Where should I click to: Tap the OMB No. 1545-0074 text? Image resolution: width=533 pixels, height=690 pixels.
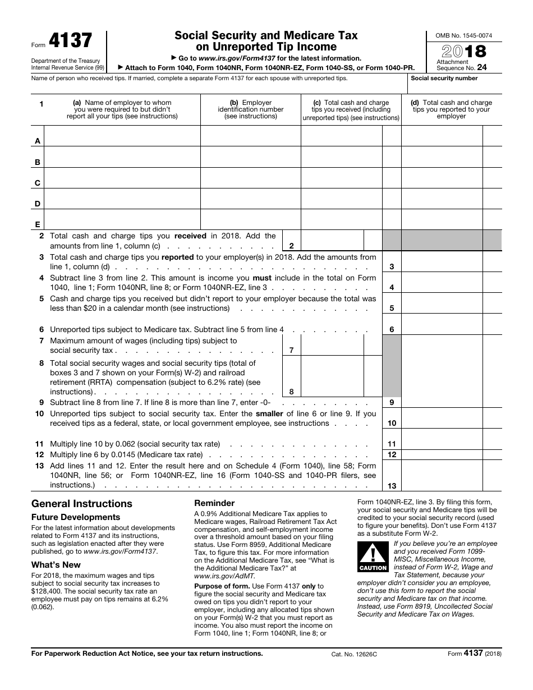coord(463,35)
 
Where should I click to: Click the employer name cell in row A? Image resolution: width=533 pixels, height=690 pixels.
coord(122,136)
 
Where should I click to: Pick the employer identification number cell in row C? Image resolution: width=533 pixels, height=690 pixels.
coord(250,178)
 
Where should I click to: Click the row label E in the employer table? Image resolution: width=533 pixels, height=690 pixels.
coord(38,224)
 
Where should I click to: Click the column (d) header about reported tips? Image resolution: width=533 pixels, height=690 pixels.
coord(451,109)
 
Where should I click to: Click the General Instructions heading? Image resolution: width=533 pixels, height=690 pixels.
coord(82,504)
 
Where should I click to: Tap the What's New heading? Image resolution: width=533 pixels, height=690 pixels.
coord(56,565)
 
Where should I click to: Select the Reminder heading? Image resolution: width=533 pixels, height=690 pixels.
coord(214,503)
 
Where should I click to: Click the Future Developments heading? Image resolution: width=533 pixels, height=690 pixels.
coord(76,517)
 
